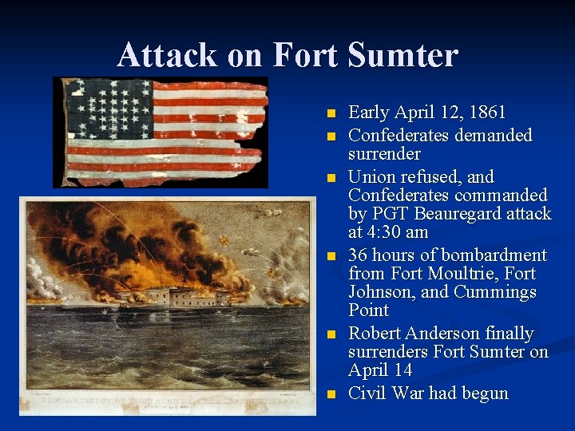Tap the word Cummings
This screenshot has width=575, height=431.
494,292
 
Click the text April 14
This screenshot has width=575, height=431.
380,370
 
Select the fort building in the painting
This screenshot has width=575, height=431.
172,298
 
